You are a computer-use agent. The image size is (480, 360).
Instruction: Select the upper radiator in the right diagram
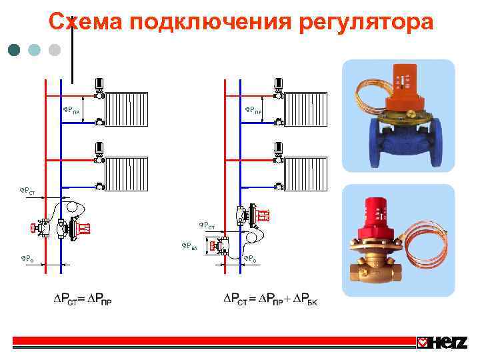point(305,109)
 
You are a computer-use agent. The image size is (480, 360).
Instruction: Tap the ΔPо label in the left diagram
point(27,257)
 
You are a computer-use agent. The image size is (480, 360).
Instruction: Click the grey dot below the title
point(55,49)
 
